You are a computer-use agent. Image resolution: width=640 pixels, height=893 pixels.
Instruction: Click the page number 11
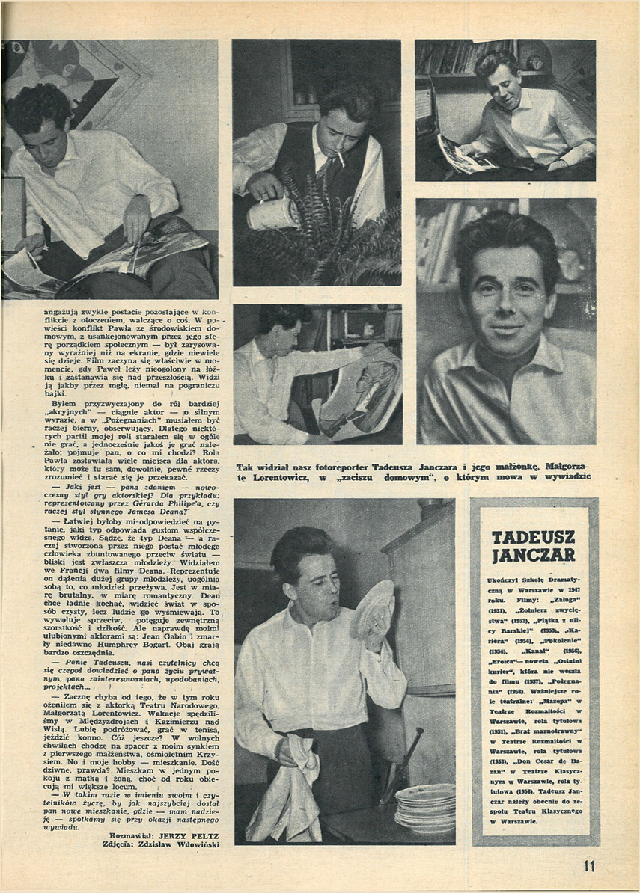[590, 866]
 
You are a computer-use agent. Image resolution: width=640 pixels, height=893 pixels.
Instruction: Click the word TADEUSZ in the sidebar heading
[534, 537]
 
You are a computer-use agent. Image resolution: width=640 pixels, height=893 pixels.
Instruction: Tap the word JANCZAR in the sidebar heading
[534, 554]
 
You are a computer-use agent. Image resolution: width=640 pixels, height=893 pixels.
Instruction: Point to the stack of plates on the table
[425, 807]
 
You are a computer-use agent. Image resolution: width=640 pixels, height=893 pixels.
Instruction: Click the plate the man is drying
[372, 607]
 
